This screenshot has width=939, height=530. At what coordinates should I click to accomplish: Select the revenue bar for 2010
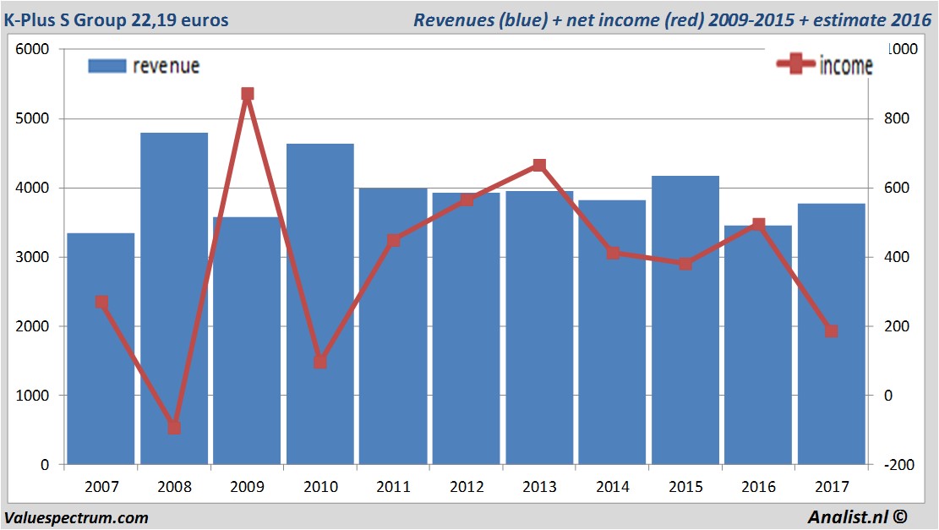tap(320, 304)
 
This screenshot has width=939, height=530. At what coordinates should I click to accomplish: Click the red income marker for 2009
tap(247, 94)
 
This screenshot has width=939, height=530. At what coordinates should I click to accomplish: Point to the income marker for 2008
tap(174, 427)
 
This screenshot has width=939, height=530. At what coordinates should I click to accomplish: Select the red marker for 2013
tap(539, 166)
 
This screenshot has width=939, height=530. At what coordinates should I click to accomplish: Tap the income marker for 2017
tap(831, 331)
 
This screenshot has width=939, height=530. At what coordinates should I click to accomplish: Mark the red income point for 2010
tap(320, 362)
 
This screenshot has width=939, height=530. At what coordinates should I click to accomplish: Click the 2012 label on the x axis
tap(467, 487)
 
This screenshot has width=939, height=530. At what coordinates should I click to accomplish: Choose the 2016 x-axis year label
tap(758, 487)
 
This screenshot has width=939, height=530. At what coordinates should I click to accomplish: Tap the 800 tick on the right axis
tap(896, 119)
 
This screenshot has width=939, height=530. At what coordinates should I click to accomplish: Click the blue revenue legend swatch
tap(106, 66)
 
